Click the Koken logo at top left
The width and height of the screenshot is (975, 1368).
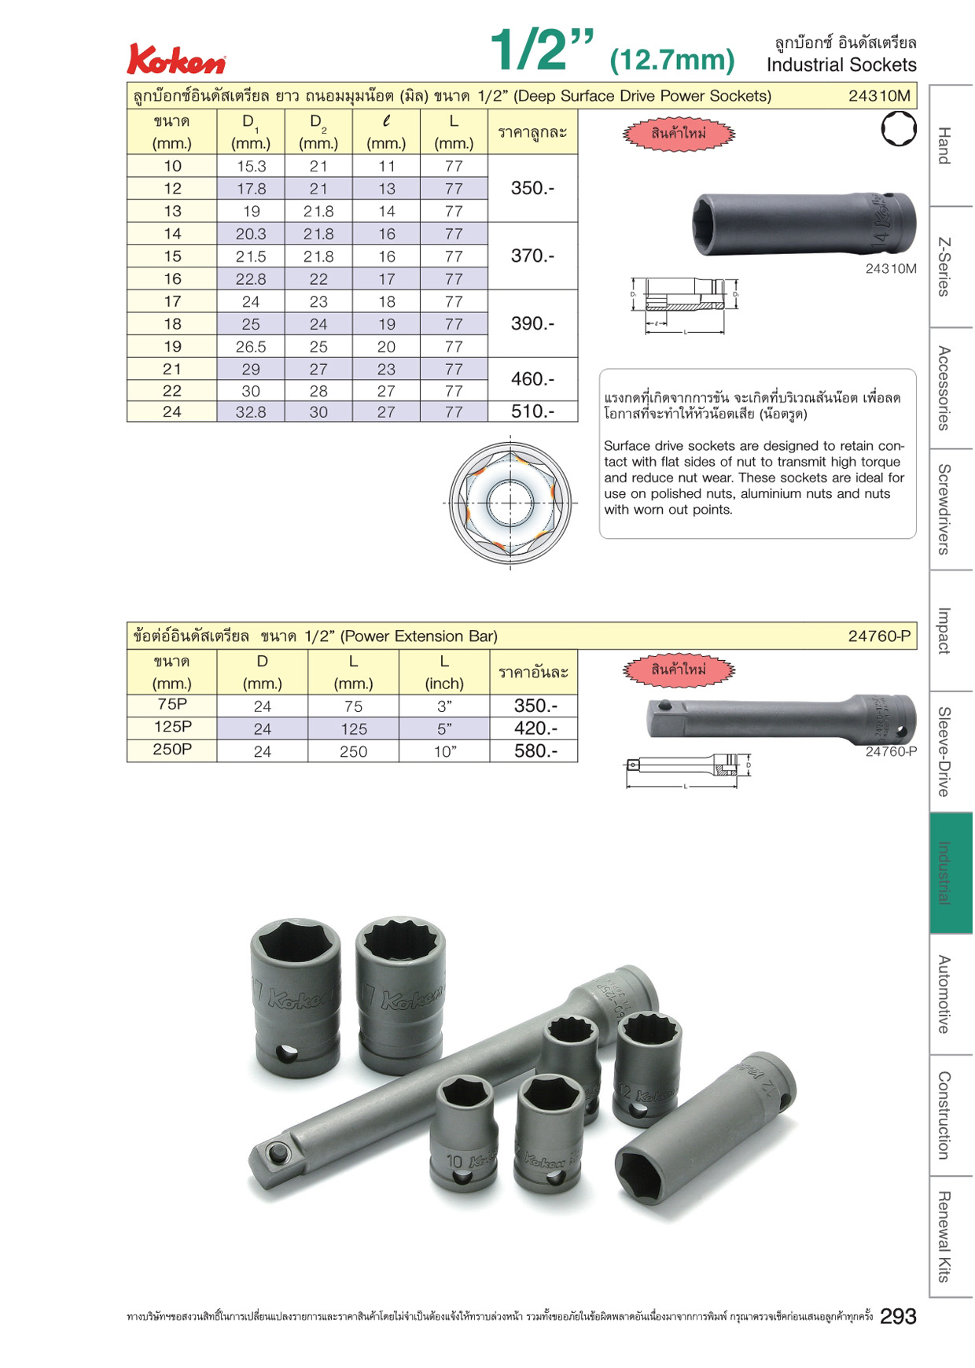tap(177, 60)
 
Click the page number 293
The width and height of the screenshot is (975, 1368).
tap(898, 1316)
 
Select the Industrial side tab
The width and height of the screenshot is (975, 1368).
tap(951, 872)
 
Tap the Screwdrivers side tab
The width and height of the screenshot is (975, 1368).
tap(951, 509)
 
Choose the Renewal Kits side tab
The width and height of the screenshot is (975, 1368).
tap(951, 1236)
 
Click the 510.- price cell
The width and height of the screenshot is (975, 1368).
tap(533, 411)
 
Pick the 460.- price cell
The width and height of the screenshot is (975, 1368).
tap(533, 379)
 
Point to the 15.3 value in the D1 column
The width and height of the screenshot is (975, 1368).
tap(251, 166)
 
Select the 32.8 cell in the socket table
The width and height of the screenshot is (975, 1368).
tap(251, 411)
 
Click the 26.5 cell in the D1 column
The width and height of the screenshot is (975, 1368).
tap(251, 346)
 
